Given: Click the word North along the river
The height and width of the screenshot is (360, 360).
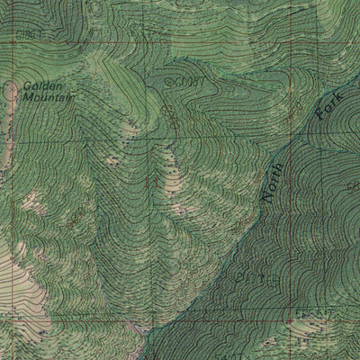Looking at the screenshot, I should click(272, 179).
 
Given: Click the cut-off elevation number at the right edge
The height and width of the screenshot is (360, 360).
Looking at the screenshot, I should click(354, 185).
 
